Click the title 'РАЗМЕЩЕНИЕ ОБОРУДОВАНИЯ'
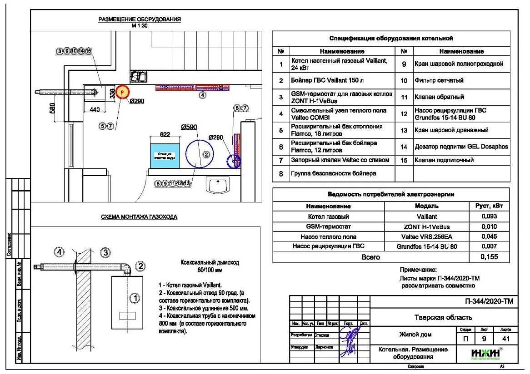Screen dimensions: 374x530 140,20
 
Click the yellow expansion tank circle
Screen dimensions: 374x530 122,92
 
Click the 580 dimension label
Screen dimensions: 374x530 52,108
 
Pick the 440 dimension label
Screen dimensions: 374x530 95,109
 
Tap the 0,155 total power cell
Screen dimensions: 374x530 489,257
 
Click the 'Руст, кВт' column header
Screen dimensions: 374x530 489,206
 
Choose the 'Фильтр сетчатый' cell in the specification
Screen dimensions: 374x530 439,80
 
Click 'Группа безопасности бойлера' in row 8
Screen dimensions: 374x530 334,173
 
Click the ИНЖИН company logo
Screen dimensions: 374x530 485,353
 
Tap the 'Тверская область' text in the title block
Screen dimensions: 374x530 443,318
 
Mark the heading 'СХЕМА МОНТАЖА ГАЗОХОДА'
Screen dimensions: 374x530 139,217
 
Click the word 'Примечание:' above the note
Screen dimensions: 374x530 418,270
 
